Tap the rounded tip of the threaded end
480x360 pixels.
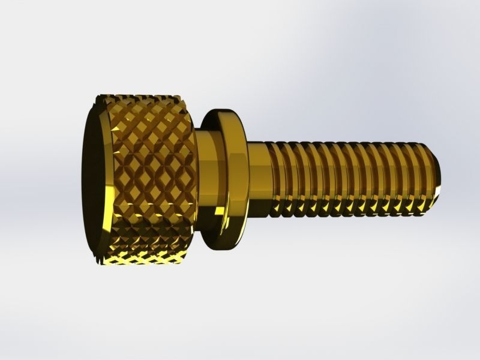(x=440, y=174)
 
